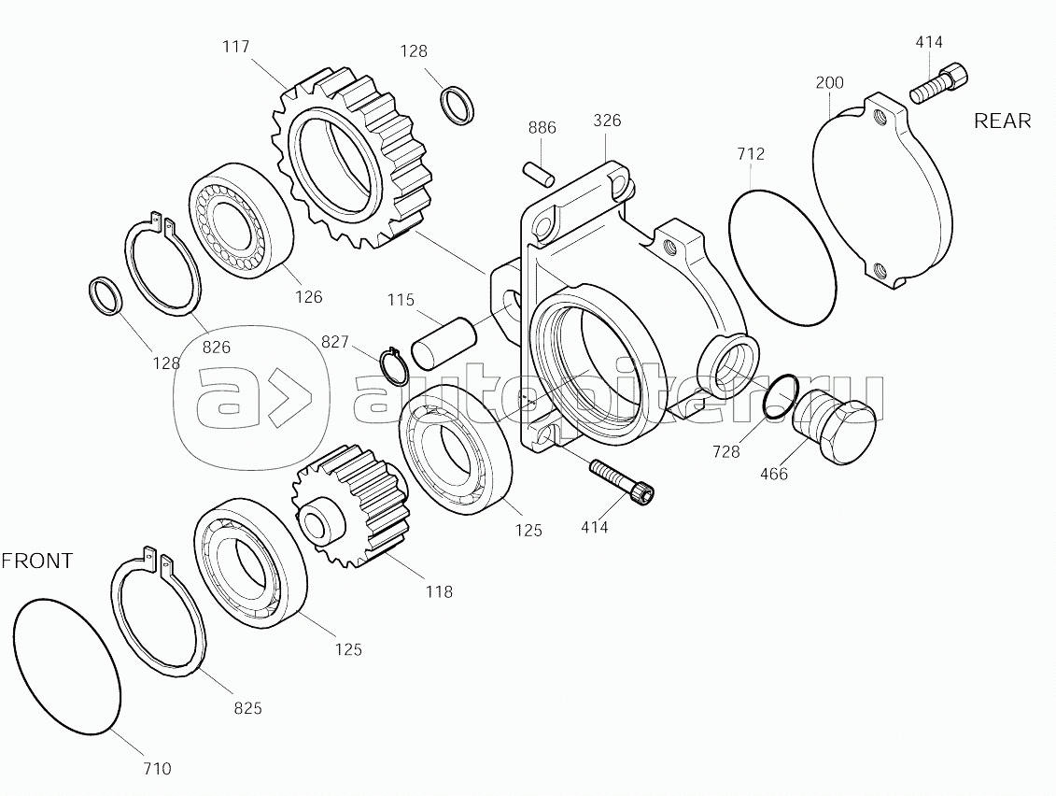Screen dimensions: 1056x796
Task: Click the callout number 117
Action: point(235,47)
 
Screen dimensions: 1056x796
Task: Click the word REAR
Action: point(1002,121)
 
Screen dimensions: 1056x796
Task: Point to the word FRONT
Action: point(36,561)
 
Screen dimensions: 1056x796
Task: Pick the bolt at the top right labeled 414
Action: point(938,82)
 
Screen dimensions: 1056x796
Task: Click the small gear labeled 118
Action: point(350,502)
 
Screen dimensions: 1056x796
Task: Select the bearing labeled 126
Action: point(243,220)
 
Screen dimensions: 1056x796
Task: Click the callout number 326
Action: point(608,121)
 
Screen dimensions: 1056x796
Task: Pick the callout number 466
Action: point(774,474)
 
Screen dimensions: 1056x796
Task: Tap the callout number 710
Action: point(157,768)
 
